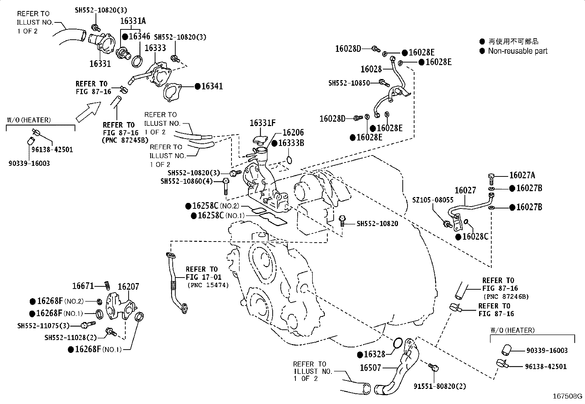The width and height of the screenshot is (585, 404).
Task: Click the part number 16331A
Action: [133, 21]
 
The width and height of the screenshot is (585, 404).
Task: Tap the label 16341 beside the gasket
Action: [212, 86]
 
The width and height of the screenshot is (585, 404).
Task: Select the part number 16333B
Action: [291, 143]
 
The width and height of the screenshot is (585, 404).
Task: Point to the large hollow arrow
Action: [88, 112]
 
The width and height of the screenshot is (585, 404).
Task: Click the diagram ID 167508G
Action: [567, 396]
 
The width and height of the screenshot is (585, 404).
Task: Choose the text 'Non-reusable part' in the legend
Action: [518, 51]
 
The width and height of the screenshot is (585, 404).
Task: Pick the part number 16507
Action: [370, 368]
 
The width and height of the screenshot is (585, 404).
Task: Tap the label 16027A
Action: [522, 175]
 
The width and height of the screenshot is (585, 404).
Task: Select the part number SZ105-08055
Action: [433, 200]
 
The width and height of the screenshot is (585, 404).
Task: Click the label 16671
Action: [83, 286]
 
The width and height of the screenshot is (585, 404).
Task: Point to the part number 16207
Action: [128, 287]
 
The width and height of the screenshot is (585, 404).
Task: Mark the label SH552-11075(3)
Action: [43, 326]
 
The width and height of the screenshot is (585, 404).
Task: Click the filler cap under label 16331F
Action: [260, 140]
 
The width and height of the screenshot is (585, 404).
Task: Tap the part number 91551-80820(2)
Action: [440, 386]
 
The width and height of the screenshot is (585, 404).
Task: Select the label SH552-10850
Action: [349, 83]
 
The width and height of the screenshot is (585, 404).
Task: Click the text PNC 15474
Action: [208, 285]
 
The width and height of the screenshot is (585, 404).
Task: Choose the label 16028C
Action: [475, 237]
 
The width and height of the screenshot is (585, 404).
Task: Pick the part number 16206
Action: [293, 132]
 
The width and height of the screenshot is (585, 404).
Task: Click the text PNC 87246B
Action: [506, 297]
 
